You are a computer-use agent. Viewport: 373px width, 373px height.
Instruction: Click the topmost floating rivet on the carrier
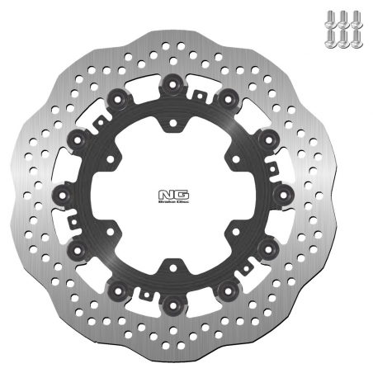tap(172, 83)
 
